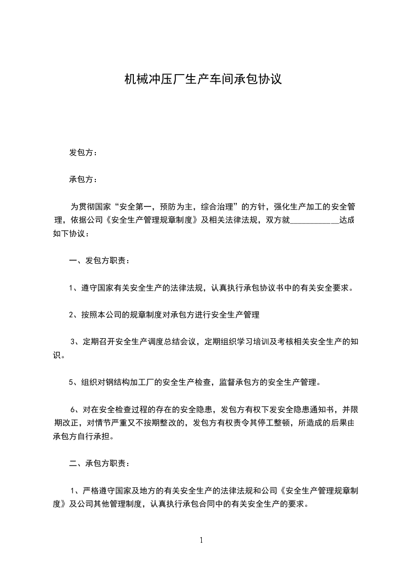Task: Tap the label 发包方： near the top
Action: pyautogui.click(x=83, y=153)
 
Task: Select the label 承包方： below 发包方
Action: pyautogui.click(x=83, y=180)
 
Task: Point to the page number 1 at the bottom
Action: pyautogui.click(x=201, y=540)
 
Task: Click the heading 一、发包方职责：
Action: pyautogui.click(x=99, y=261)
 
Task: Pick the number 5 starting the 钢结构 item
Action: pyautogui.click(x=71, y=382)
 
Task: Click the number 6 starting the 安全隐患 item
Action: pyautogui.click(x=73, y=409)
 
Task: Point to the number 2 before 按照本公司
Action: pyautogui.click(x=71, y=315)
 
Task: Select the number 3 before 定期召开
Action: pyautogui.click(x=73, y=342)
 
